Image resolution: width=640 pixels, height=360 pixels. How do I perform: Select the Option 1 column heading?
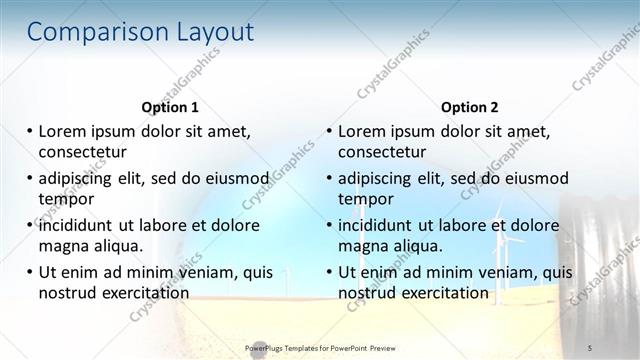click(170, 107)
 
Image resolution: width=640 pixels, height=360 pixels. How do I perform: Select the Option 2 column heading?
click(470, 107)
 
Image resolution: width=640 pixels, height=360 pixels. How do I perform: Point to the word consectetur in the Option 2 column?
click(382, 152)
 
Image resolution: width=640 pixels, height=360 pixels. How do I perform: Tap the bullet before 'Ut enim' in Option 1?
click(30, 272)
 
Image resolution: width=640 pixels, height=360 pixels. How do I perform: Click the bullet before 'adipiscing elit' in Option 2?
click(330, 179)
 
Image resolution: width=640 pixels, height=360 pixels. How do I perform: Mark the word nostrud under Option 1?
click(67, 292)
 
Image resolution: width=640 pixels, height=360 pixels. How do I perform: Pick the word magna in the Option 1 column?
click(63, 245)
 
